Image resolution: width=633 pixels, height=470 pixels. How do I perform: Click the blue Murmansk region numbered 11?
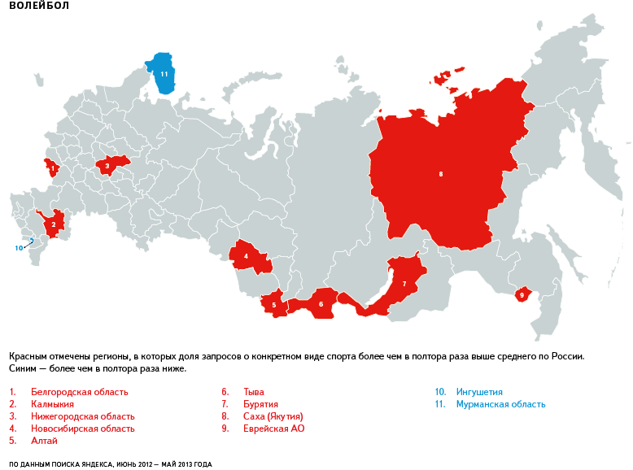(x=163, y=74)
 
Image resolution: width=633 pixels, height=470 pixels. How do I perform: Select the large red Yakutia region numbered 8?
(x=440, y=173)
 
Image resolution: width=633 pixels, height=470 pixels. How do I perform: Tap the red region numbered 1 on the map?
(x=52, y=169)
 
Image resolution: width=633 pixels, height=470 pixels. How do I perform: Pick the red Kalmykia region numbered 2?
(x=54, y=224)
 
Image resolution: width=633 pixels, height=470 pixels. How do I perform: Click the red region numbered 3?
(x=107, y=165)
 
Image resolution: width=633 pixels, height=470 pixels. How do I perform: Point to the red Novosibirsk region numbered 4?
(x=247, y=258)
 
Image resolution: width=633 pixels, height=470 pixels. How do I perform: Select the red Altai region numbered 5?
(x=273, y=305)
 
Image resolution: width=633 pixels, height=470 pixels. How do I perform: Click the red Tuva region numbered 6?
(x=321, y=304)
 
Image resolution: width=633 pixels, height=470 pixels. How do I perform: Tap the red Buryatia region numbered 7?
(x=404, y=283)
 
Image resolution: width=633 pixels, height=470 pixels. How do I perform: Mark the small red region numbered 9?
(x=522, y=294)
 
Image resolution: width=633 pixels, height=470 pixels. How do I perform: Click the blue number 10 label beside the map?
(x=19, y=247)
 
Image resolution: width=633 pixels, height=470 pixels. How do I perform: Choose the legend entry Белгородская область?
(x=79, y=392)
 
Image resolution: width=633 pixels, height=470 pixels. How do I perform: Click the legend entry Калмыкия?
(x=52, y=404)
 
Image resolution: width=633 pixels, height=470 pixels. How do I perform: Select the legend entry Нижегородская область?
(x=82, y=416)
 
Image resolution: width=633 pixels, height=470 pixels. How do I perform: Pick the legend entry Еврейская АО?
(x=273, y=429)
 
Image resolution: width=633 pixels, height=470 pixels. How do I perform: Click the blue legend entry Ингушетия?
(x=479, y=392)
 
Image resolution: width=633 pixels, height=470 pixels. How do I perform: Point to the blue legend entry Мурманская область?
(x=500, y=404)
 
